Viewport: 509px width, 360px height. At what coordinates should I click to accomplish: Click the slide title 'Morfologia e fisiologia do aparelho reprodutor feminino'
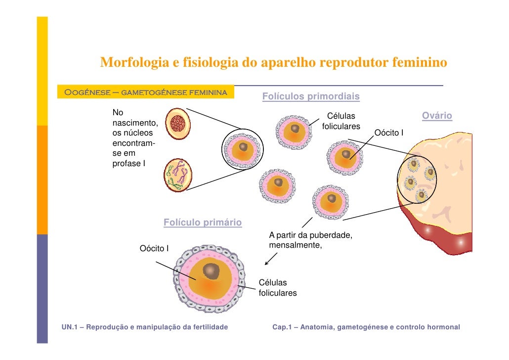(273, 63)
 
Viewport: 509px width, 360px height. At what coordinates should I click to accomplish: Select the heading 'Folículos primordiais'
(310, 96)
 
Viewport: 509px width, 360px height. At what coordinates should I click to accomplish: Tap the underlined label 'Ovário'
(437, 116)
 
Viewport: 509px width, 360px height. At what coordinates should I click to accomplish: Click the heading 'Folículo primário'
(203, 223)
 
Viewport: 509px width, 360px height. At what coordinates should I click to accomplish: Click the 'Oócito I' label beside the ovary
(389, 133)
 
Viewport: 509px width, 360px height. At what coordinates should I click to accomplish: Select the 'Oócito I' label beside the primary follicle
(154, 248)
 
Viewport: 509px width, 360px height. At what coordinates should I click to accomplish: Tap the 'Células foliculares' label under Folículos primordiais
(341, 122)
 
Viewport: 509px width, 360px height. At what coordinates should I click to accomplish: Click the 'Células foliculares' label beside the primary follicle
(278, 288)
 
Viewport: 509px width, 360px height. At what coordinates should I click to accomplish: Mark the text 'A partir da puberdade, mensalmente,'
(310, 239)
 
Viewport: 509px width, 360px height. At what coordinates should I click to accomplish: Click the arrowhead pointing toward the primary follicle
(267, 263)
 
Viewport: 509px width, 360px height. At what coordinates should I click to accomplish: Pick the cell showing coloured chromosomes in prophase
(178, 175)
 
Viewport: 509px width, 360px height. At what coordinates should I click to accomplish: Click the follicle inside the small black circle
(243, 149)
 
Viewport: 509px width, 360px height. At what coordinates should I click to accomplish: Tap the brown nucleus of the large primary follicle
(212, 270)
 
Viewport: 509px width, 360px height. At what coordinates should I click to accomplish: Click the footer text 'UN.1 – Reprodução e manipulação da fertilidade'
(145, 327)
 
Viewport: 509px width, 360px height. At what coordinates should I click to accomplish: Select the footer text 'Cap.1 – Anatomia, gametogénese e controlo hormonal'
(366, 327)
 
